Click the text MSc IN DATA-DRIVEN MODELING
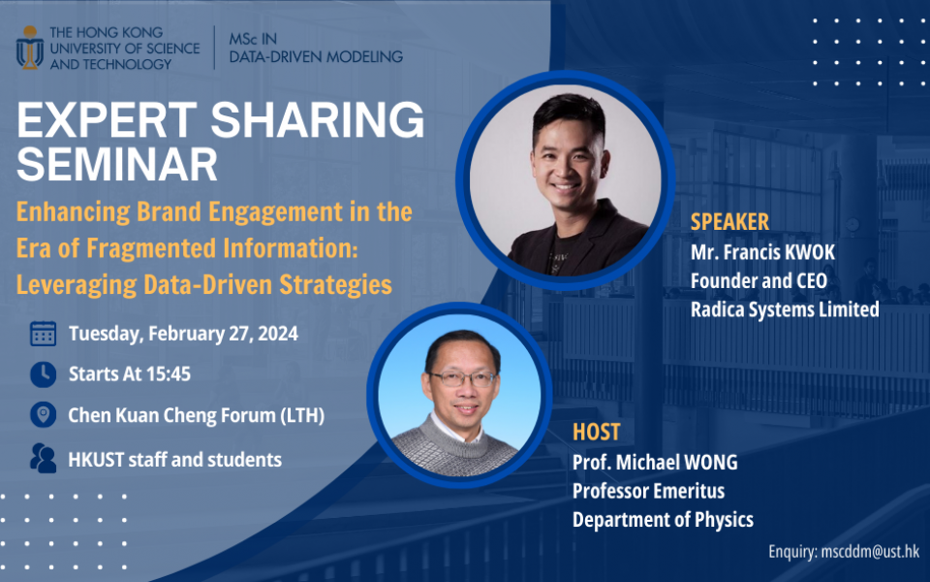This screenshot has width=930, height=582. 316,48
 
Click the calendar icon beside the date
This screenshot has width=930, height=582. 43,335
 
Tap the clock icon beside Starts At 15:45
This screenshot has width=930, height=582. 43,374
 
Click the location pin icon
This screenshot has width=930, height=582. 43,416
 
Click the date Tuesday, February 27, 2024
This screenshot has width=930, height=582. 183,335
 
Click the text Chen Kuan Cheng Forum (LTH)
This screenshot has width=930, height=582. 196,416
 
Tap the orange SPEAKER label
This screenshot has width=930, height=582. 729,221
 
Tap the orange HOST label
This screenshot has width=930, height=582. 596,432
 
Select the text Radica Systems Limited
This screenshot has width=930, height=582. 785,309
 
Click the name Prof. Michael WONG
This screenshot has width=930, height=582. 655,462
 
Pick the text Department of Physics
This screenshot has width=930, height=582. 663,520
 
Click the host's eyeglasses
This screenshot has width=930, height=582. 462,380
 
